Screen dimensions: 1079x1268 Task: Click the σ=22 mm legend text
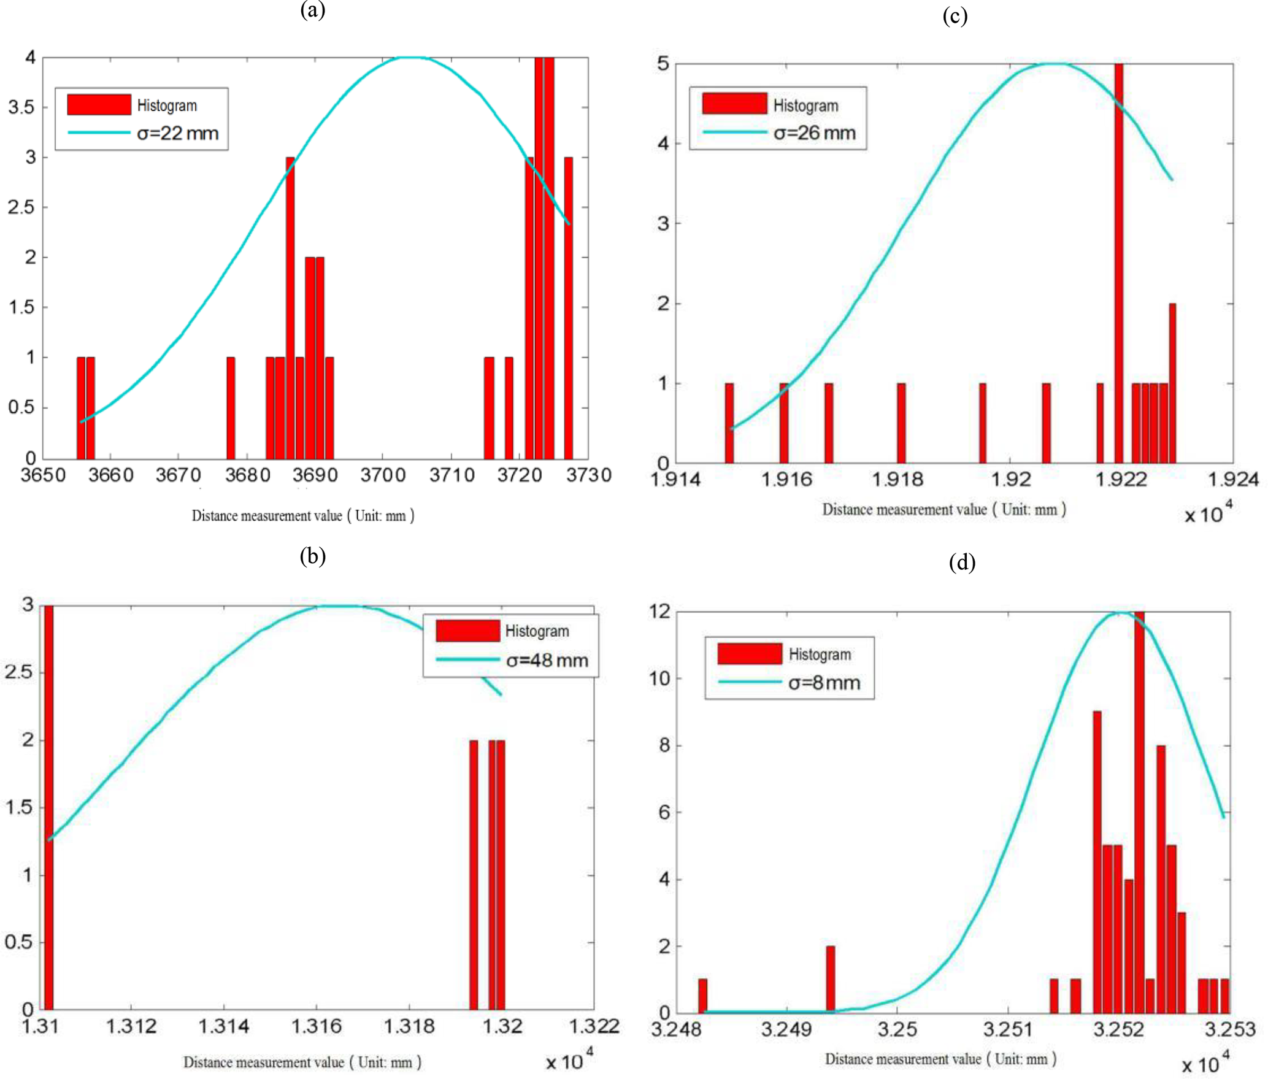177,133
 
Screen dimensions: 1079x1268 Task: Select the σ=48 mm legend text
547,661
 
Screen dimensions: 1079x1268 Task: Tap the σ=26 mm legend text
814,133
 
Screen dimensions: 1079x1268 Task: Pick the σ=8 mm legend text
824,683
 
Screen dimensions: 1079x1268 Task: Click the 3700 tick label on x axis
383,475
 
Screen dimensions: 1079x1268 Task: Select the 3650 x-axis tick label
43,475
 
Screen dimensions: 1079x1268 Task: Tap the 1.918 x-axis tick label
898,479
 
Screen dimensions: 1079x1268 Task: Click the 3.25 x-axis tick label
897,1029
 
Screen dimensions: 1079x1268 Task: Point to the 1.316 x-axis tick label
316,1026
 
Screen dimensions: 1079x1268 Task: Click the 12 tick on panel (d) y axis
660,611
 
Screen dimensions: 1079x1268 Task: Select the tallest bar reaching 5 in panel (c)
1118,264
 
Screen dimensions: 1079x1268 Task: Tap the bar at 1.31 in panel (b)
48,810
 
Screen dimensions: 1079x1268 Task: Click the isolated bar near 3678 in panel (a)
231,408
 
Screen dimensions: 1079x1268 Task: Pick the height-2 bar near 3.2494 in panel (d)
830,979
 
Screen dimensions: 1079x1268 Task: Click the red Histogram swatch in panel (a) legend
99,105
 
